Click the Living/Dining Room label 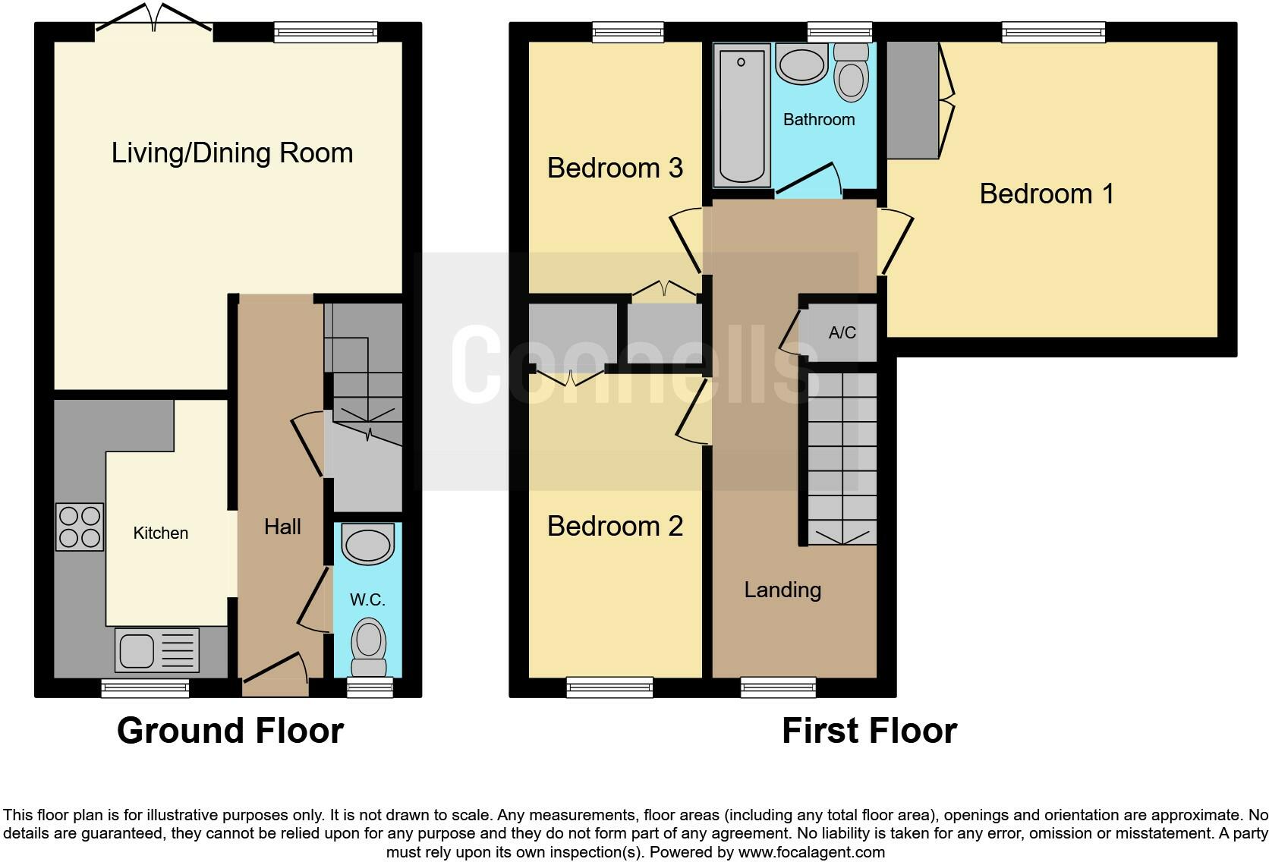(x=232, y=153)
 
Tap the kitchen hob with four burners (x=80, y=527)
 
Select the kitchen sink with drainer (x=156, y=650)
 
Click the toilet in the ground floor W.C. (x=369, y=645)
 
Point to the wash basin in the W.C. (x=368, y=546)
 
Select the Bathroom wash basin (x=801, y=64)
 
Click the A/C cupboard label (x=842, y=332)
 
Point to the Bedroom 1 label (x=1047, y=193)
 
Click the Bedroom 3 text (x=615, y=168)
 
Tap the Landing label (x=782, y=590)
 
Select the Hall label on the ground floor (x=282, y=527)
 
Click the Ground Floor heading (x=230, y=731)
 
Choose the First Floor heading (x=869, y=731)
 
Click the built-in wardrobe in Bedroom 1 (x=912, y=99)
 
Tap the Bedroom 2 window (x=609, y=687)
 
